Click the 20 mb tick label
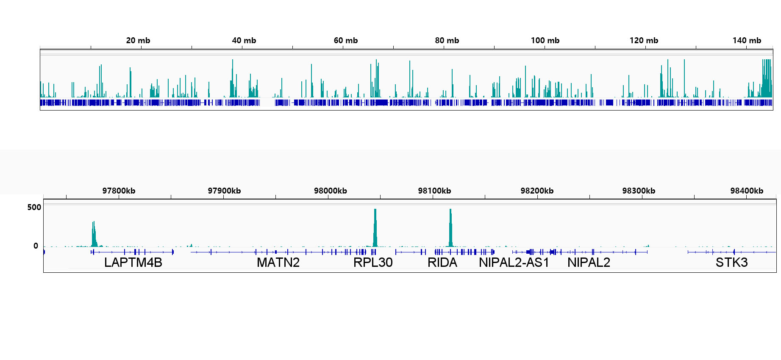[138, 41]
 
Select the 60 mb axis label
[346, 41]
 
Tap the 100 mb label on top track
[545, 41]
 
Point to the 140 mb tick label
[747, 41]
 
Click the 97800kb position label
[119, 191]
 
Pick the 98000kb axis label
[330, 191]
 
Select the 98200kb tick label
[537, 191]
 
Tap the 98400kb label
[747, 191]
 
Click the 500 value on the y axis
[34, 208]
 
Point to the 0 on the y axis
[36, 246]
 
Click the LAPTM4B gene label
[133, 263]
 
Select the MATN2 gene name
[278, 263]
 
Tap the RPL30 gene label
[373, 263]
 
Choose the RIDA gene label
[442, 263]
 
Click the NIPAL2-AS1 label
[514, 263]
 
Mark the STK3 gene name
[731, 263]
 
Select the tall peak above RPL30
[375, 227]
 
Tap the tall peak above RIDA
[450, 227]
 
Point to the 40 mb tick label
[244, 41]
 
